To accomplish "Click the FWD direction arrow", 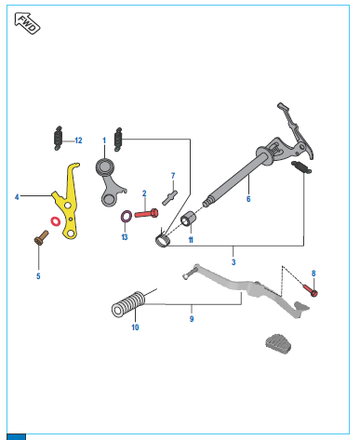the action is [x=27, y=23].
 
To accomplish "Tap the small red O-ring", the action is [x=56, y=221].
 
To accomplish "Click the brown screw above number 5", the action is [x=41, y=237].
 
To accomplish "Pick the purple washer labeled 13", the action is [x=126, y=216].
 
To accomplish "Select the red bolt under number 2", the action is [x=146, y=213].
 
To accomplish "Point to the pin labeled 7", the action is [x=170, y=197].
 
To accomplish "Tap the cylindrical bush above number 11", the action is [x=188, y=219].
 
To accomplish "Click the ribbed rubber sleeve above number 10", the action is [x=128, y=304].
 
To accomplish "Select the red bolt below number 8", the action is [x=310, y=290].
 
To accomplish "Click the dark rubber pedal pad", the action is [x=278, y=343].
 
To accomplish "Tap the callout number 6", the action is [x=248, y=199].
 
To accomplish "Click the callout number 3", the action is [x=233, y=262].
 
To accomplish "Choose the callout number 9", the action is [x=192, y=319].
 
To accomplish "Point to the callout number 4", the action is [x=17, y=197].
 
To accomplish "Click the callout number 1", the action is [x=104, y=140].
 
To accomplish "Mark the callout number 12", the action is [x=78, y=140].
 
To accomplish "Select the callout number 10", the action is [x=135, y=327].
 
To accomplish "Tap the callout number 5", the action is [x=38, y=276].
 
